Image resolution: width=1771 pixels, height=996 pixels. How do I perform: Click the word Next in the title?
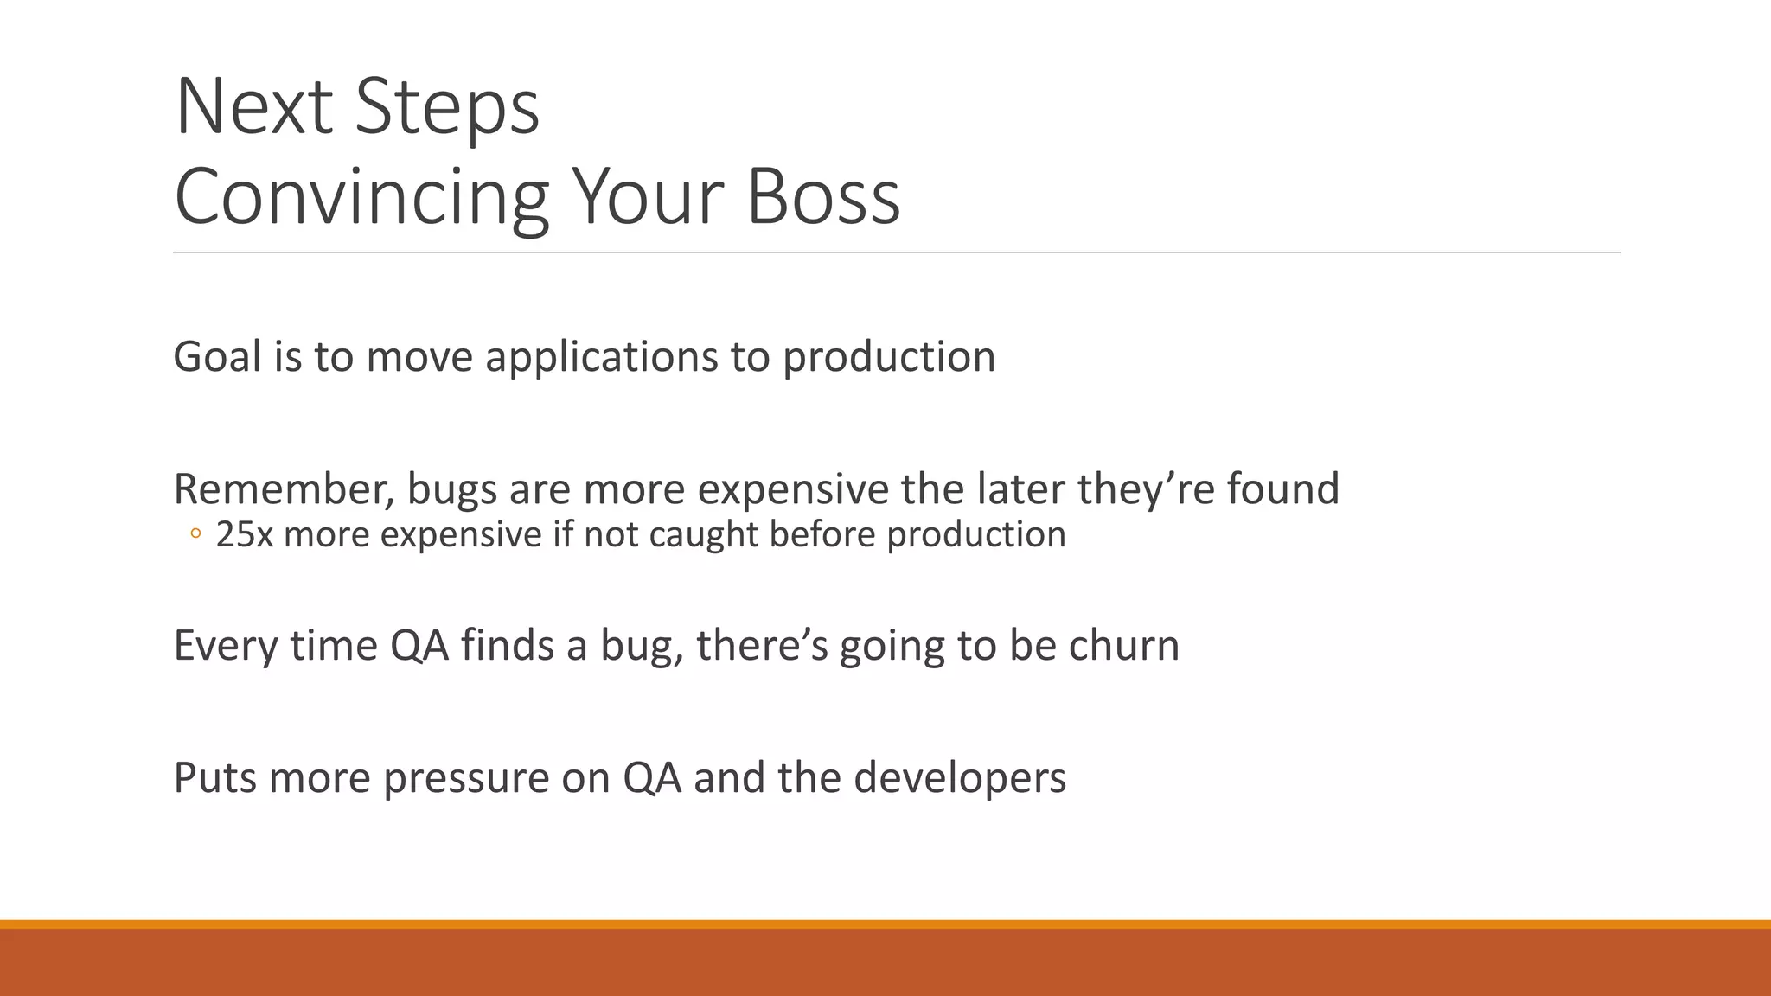[253, 107]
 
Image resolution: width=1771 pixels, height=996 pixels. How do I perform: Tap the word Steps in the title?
[447, 107]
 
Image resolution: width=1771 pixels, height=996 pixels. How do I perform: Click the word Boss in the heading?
[822, 197]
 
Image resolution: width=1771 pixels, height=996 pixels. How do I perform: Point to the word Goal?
[217, 356]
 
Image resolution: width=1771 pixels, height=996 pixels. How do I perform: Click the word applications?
[601, 358]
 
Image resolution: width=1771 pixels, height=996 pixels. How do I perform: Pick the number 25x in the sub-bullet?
[244, 534]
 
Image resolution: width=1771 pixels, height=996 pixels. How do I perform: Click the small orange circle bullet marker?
[195, 535]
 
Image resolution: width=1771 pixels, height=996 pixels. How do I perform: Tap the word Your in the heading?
[646, 197]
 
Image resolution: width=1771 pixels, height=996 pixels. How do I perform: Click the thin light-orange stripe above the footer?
[885, 924]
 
